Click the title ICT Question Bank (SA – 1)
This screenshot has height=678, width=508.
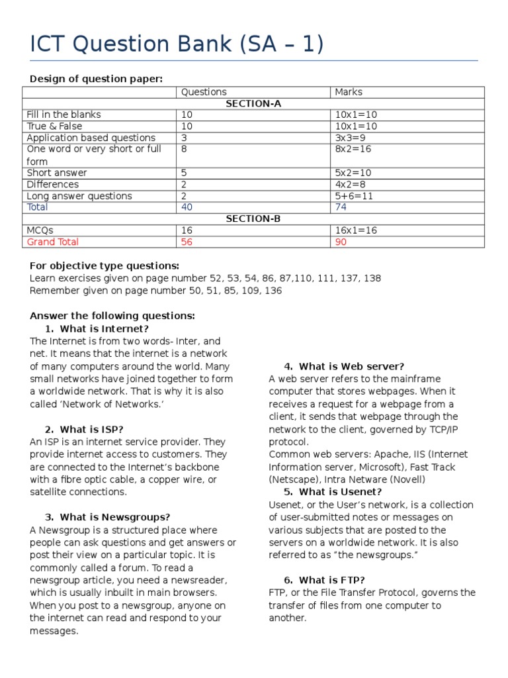click(x=177, y=44)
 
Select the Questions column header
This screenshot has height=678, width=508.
click(x=204, y=92)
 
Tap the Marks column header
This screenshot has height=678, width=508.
click(x=349, y=92)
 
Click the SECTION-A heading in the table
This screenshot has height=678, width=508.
click(x=253, y=103)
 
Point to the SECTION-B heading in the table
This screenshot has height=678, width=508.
click(x=253, y=218)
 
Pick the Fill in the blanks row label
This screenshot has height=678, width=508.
click(x=63, y=115)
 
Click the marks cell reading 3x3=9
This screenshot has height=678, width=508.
click(x=351, y=138)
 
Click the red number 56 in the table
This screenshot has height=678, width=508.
click(x=187, y=242)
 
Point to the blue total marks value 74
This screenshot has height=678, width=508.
click(x=341, y=207)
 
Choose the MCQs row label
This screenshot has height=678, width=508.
click(x=40, y=230)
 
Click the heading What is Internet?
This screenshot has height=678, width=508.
click(x=104, y=329)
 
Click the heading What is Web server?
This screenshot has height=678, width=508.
click(x=351, y=366)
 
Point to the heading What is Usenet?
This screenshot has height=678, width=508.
click(x=340, y=492)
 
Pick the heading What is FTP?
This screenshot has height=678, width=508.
click(x=331, y=580)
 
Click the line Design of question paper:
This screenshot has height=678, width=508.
click(x=95, y=79)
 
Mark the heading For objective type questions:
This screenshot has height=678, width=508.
click(x=104, y=266)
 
